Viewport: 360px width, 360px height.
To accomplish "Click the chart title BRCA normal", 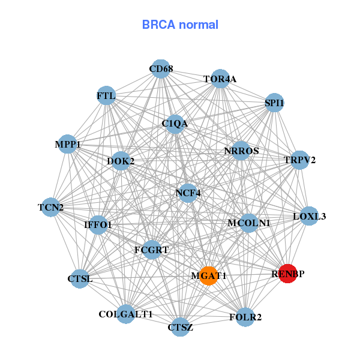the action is [x=180, y=25].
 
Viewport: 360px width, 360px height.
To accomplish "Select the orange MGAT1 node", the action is [x=208, y=275].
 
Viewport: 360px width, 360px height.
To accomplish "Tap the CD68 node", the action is [x=160, y=68].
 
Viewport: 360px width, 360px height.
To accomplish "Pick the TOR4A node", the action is [x=220, y=79].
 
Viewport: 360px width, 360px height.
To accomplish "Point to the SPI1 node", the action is [x=274, y=103].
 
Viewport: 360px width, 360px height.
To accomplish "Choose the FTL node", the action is [x=106, y=95].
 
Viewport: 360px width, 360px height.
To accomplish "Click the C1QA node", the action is [x=175, y=124].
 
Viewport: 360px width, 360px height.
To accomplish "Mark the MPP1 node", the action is [x=68, y=144].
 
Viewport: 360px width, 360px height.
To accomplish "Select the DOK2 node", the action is [x=121, y=161].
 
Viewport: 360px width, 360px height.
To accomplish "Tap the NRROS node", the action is [x=241, y=151].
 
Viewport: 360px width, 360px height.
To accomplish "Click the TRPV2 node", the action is [x=299, y=160].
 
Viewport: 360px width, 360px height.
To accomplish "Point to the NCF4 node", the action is [x=188, y=193].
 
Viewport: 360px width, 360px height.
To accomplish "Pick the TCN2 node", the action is [x=51, y=208].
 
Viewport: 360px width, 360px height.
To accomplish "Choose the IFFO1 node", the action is [x=98, y=225].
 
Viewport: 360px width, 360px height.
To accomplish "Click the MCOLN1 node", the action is [x=248, y=223].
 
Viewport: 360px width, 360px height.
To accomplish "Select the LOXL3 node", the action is [x=309, y=216].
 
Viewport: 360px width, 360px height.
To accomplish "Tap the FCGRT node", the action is [x=152, y=249].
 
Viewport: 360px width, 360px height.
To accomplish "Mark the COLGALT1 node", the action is [x=125, y=314].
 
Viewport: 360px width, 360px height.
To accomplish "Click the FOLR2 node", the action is [x=245, y=316].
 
